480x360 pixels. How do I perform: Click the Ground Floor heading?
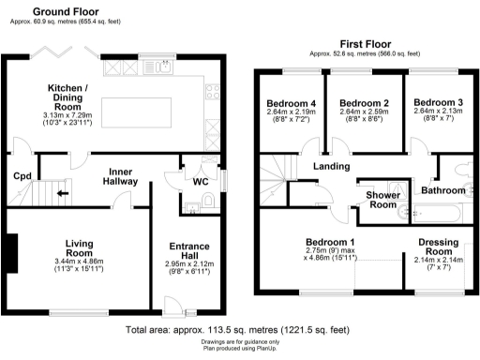coord(68,12)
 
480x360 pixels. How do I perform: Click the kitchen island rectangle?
coord(142,97)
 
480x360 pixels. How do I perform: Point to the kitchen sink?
coord(163,67)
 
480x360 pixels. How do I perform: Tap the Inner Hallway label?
coord(123,176)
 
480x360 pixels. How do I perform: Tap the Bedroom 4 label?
coord(285,103)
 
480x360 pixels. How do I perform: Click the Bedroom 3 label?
coord(438,102)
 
